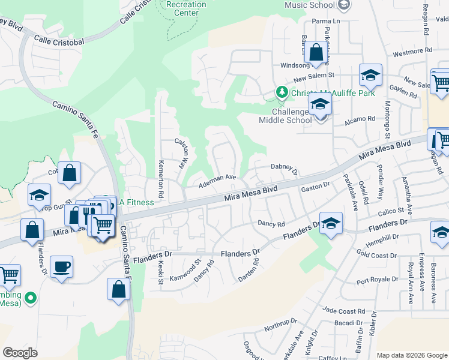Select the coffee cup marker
point(61,266)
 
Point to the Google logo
point(20,353)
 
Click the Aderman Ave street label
point(217,178)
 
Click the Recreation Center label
point(186,8)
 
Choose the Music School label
point(309,5)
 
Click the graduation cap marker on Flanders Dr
point(330,224)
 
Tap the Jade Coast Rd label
point(343,311)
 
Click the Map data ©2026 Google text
point(412,355)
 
